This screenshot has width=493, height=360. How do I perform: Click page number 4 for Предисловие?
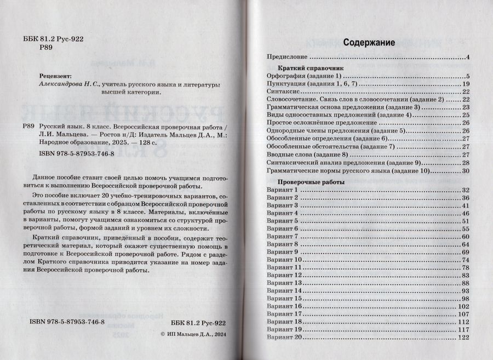(x=469, y=57)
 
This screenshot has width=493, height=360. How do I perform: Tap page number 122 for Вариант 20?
(x=465, y=338)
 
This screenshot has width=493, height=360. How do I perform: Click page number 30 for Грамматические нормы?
(x=467, y=171)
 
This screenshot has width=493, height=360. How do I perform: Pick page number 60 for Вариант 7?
(x=466, y=236)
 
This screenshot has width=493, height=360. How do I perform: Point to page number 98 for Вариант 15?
(x=466, y=299)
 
